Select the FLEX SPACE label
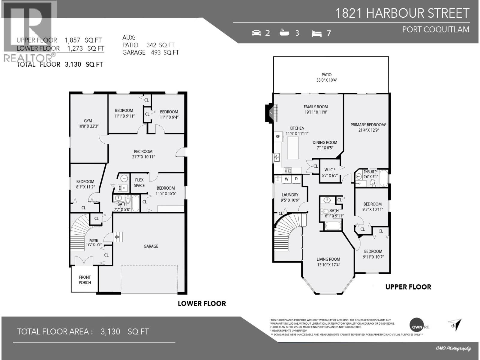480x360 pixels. coord(139,183)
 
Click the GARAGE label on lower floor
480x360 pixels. coord(151,246)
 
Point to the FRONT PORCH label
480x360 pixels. coord(85,280)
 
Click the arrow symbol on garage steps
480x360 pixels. coord(117,237)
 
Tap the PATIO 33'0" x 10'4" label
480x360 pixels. coord(326,77)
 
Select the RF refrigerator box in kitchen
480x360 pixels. coord(277,136)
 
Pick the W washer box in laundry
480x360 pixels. coord(286,179)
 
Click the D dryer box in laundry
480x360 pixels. coord(296,179)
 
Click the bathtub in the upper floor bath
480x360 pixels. coord(333,226)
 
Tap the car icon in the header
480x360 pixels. coord(256,33)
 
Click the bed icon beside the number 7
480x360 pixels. coord(316,33)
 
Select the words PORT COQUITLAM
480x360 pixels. coord(435,29)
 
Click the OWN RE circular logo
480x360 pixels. coord(417,326)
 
